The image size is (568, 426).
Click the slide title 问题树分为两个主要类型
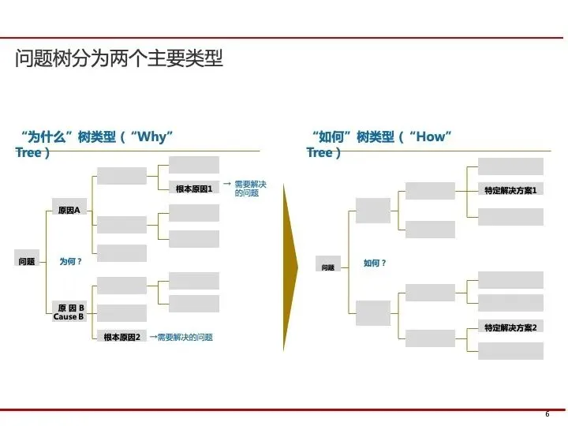point(119,59)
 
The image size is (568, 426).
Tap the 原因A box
point(69,210)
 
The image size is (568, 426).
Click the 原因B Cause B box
point(69,312)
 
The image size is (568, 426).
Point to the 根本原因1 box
point(194,189)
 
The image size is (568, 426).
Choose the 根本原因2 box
point(121,337)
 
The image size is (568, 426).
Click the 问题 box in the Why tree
point(27,261)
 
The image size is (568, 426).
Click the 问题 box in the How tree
point(328,267)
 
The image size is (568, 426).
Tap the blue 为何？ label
point(71,261)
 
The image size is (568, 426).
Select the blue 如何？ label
point(375,263)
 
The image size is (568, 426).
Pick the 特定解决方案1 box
point(510,190)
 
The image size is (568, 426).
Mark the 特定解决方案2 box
point(510,327)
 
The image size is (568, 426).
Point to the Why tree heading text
point(95,144)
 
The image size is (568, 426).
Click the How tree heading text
point(379,144)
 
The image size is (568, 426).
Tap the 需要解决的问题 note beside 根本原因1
point(250,188)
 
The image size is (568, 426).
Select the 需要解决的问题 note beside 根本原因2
point(185,337)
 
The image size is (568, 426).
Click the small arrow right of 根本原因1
point(226,184)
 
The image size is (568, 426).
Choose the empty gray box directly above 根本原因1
point(194,165)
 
